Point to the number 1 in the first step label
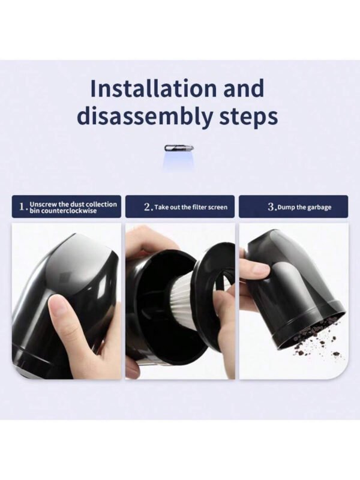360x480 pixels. coord(22,206)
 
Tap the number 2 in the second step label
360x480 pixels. coord(147,207)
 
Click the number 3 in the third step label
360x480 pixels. coord(271,207)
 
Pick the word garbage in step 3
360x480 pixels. coord(319,208)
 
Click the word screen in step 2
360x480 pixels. coord(217,207)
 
